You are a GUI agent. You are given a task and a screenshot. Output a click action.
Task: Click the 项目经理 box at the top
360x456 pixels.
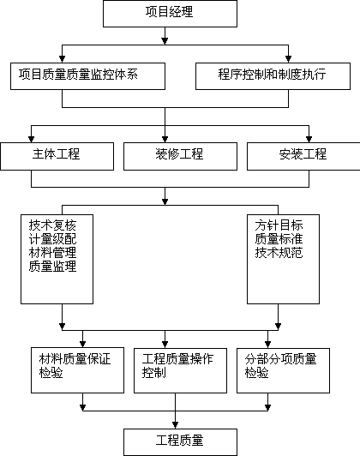tap(170, 14)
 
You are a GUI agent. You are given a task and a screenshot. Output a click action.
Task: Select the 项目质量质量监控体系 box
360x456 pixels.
tap(87, 76)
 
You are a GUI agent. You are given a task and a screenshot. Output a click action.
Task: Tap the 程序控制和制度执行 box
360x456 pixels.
tap(273, 76)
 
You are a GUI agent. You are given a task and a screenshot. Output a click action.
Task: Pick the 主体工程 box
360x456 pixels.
tap(57, 156)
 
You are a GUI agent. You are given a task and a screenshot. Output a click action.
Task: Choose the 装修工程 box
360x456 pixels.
tap(180, 156)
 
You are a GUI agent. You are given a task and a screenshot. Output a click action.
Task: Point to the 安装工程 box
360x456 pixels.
tap(303, 156)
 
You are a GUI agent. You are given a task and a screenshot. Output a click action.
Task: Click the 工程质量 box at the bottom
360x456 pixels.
tap(180, 442)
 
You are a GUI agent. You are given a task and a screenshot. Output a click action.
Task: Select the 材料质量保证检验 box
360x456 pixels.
tap(78, 370)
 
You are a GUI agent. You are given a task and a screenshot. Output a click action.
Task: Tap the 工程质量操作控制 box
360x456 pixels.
tap(180, 370)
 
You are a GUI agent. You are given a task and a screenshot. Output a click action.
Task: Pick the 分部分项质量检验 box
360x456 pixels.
tap(283, 370)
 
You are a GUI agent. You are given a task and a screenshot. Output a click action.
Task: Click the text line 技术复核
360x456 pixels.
tap(52, 225)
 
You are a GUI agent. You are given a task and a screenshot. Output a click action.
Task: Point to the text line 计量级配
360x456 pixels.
tap(52, 239)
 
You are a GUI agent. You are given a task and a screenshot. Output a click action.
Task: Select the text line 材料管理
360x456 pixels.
tap(52, 252)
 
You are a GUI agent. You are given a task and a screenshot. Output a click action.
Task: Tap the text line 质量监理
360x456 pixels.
tap(52, 266)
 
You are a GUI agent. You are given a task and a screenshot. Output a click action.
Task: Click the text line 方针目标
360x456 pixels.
tap(279, 225)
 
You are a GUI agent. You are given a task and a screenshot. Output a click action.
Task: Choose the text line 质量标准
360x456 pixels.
tap(279, 239)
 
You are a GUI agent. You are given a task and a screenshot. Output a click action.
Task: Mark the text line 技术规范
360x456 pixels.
tap(279, 252)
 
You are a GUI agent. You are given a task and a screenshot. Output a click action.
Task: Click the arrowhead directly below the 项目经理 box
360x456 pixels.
tap(165, 41)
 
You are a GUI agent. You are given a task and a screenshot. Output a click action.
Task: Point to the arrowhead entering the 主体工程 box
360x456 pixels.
tap(32, 139)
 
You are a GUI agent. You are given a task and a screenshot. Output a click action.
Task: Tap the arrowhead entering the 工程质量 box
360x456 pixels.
tap(176, 425)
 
